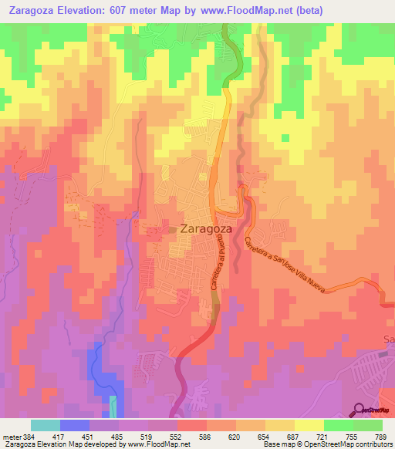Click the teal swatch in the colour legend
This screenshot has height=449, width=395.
tap(46, 425)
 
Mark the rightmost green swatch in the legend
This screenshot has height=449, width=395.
tap(368, 425)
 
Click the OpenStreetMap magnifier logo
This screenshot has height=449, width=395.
tap(358, 410)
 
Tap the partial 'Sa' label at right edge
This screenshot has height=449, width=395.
tap(389, 339)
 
